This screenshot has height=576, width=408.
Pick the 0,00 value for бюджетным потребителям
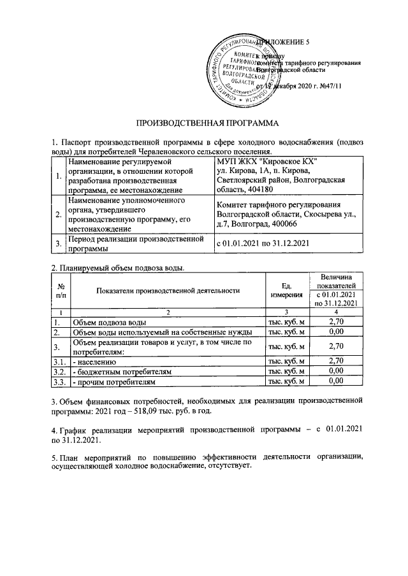(x=335, y=370)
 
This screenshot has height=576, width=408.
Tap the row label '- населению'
(x=93, y=360)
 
